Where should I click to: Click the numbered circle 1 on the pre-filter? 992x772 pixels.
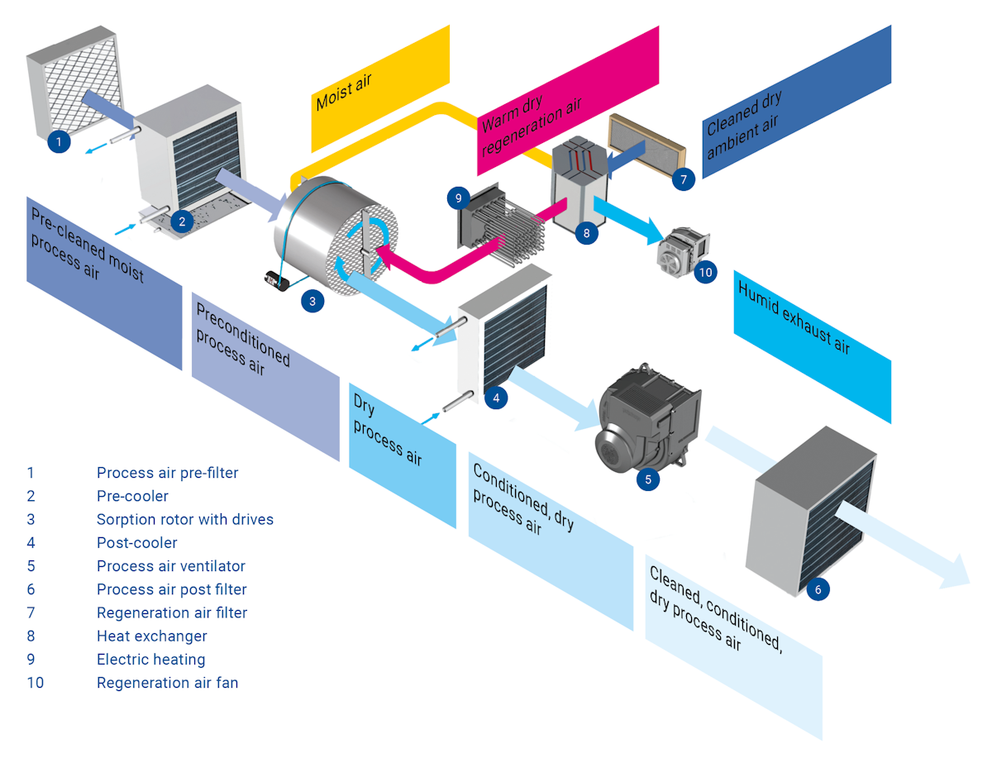coord(58,142)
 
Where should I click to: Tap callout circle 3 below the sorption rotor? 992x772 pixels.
coord(312,302)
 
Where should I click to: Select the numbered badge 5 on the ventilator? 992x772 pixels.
coord(648,478)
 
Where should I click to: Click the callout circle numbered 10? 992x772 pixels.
coord(705,272)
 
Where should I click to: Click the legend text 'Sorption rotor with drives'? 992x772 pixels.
coord(184,520)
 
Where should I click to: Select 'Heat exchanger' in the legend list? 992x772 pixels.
coord(151,636)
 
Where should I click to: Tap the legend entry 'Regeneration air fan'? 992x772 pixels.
coord(167,683)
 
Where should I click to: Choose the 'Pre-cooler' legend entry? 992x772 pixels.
coord(132,497)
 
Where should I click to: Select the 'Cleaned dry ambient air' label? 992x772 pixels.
coord(744,124)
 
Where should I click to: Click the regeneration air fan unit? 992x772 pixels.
coord(683,247)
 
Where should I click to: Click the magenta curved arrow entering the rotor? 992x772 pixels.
coord(430,264)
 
